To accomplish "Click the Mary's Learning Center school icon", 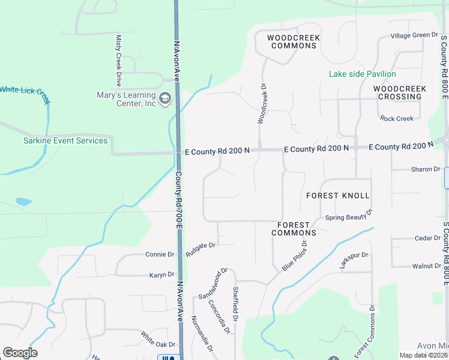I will point(164,97).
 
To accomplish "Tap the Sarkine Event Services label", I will point(65,141).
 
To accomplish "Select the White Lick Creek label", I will point(24,89).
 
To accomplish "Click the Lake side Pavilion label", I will point(362,74).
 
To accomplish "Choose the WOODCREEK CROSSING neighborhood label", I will point(400,92).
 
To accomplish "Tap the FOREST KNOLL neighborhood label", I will point(337,196).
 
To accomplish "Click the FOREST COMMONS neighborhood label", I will point(294,229).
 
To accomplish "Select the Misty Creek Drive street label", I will point(119,60).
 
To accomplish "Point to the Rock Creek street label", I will point(397,118).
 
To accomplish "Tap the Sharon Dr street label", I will point(426,169).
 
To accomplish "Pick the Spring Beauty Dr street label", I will point(349,216).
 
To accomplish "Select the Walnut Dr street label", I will point(426,265).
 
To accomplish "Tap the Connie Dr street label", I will point(159,254).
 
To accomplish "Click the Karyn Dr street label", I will point(161,275).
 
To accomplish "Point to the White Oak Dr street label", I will point(158,340).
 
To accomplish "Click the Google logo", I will point(20,353).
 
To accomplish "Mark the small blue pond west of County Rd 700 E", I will point(23,202).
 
